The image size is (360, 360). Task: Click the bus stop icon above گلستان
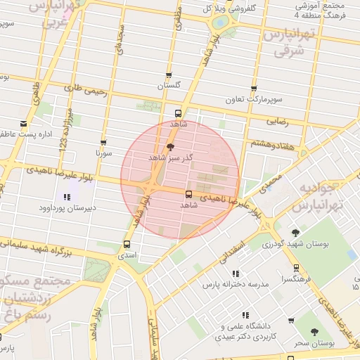(x=168, y=76)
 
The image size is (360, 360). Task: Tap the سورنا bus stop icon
(x=103, y=142)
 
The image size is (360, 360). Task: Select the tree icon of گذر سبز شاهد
(x=169, y=147)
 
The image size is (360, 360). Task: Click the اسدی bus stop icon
(x=127, y=245)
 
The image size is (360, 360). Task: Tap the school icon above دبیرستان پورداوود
(x=67, y=198)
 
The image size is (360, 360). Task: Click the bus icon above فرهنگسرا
(x=296, y=268)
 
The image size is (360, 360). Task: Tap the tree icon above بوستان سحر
(x=314, y=332)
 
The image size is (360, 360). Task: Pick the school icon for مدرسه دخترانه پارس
(x=235, y=274)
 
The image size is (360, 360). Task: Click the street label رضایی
(x=277, y=121)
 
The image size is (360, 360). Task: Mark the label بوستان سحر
(x=314, y=344)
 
